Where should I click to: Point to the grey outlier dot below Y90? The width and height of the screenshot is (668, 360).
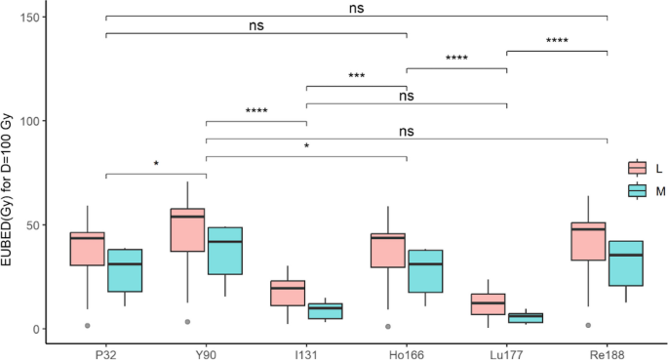[187, 322]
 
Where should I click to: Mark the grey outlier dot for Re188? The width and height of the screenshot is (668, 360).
[588, 325]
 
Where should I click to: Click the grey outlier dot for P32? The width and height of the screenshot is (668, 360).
[87, 325]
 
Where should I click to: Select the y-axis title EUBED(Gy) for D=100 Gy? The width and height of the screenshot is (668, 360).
[12, 176]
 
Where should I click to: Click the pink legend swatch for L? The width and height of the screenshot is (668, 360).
[638, 169]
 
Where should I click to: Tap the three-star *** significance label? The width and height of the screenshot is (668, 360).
[356, 76]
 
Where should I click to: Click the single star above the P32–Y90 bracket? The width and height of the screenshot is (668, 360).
[156, 164]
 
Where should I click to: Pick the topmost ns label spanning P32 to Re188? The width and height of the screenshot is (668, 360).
[356, 7]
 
